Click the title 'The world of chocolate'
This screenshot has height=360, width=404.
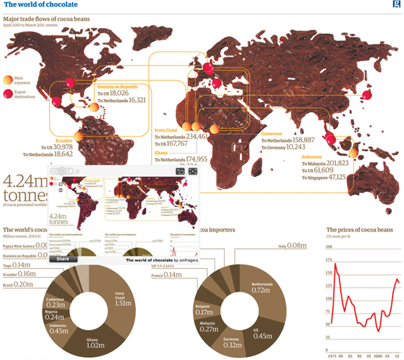coord(40,5)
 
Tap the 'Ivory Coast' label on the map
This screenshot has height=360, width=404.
coord(167,129)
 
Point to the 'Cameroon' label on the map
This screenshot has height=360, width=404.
coord(276,133)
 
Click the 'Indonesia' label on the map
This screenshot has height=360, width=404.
coord(315,156)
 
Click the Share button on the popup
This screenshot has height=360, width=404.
coord(62,259)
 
